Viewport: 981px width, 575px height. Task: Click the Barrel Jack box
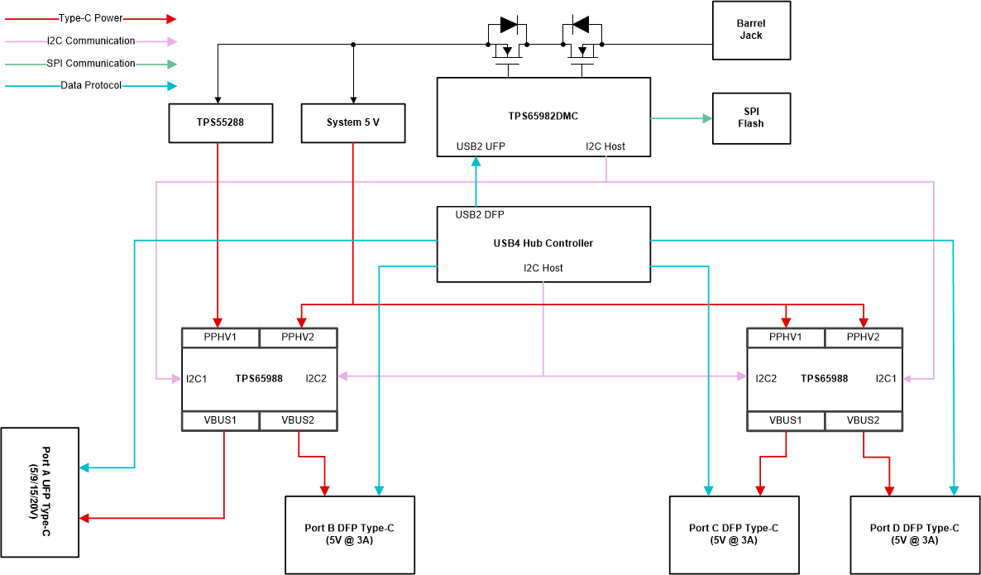(x=751, y=30)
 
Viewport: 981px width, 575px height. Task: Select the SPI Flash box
(x=751, y=117)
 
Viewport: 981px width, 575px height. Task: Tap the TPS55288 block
(x=220, y=122)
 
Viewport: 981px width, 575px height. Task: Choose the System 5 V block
(x=353, y=122)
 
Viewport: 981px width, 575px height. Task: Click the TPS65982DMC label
(x=543, y=116)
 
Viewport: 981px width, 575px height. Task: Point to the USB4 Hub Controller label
(x=543, y=243)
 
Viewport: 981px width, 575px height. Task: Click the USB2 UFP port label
(x=481, y=146)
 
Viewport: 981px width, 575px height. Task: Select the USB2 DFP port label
(x=480, y=215)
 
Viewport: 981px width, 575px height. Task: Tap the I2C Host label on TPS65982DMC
(x=605, y=146)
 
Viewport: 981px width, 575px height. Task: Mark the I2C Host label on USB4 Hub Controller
(x=543, y=268)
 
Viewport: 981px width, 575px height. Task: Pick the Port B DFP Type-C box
(x=349, y=534)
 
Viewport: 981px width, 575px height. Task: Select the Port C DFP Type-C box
(x=734, y=534)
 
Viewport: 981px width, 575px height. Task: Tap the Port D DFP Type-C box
(x=915, y=534)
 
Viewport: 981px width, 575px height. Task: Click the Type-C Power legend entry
(x=91, y=18)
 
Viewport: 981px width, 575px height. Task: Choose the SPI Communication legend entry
(x=91, y=63)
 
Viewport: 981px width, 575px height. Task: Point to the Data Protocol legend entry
(x=91, y=85)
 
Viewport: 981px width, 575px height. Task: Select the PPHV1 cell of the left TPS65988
(x=220, y=338)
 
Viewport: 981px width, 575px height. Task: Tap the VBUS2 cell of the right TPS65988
(x=864, y=420)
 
